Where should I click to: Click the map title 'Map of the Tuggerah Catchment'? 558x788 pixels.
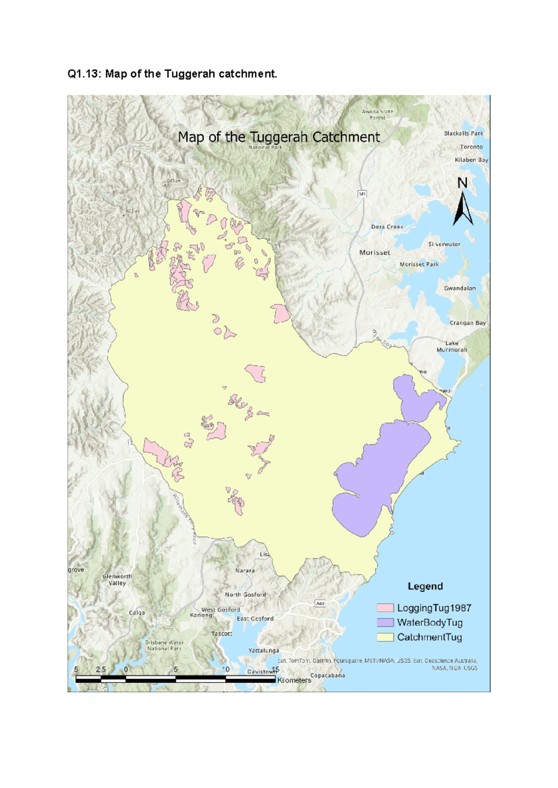(279, 137)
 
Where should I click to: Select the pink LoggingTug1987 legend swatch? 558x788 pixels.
(385, 608)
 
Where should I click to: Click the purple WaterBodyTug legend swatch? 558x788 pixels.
(385, 623)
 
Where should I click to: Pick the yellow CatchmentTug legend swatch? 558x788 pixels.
(385, 637)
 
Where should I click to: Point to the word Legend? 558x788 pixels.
(425, 586)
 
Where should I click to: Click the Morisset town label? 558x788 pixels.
(374, 252)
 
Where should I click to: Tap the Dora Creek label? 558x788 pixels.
(387, 227)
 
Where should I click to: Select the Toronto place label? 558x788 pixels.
(471, 147)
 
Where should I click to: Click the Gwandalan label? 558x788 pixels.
(459, 288)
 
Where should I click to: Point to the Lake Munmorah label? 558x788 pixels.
(452, 347)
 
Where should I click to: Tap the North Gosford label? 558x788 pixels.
(246, 594)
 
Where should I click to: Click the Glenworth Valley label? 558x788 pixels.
(117, 579)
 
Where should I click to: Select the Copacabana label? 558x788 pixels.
(327, 675)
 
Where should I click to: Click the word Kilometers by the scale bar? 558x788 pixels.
(294, 680)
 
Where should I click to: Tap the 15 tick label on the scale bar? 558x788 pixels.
(275, 670)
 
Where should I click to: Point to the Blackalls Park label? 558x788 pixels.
(463, 133)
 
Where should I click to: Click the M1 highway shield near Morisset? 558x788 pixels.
(362, 194)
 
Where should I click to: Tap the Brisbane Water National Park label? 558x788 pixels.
(164, 645)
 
